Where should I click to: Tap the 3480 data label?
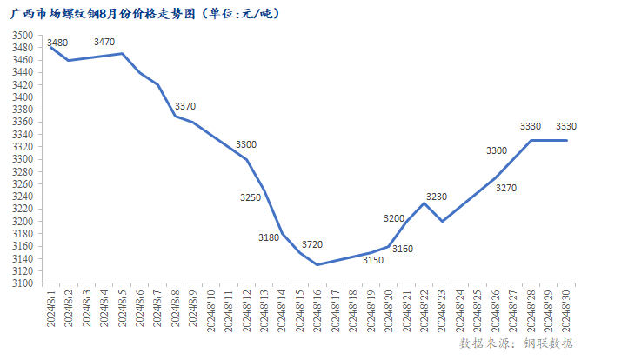click(58, 43)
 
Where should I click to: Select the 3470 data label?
click(104, 42)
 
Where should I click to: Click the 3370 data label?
click(185, 106)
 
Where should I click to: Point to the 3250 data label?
click(251, 198)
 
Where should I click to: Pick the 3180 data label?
click(270, 237)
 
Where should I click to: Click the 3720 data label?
click(312, 246)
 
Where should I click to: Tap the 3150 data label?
click(372, 260)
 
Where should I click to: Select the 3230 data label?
click(438, 197)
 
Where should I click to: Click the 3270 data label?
click(506, 188)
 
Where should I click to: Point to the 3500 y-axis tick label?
click(23, 36)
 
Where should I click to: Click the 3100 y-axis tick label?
click(23, 283)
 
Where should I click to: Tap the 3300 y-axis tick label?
click(23, 160)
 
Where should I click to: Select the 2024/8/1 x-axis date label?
click(50, 308)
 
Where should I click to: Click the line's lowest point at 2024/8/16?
click(317, 264)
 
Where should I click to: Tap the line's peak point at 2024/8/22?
click(424, 203)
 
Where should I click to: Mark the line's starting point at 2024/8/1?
click(50, 47)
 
